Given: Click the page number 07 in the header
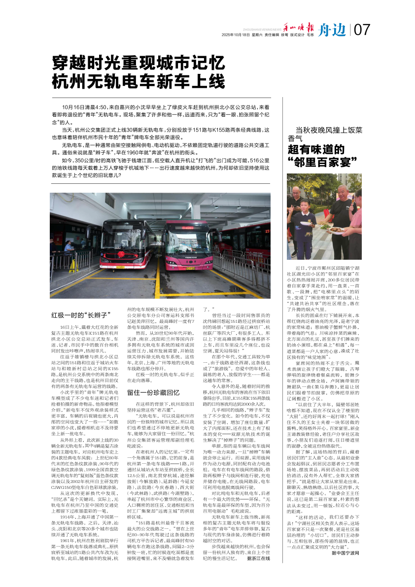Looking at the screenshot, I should pos(362,31).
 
